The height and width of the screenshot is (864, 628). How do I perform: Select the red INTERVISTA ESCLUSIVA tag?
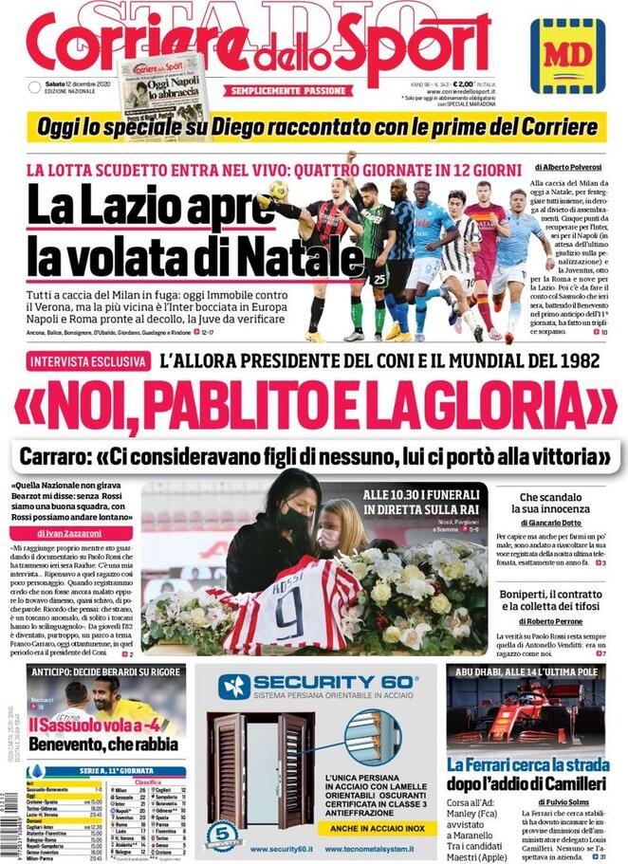(x=89, y=362)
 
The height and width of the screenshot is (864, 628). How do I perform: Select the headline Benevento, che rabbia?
(x=103, y=745)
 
